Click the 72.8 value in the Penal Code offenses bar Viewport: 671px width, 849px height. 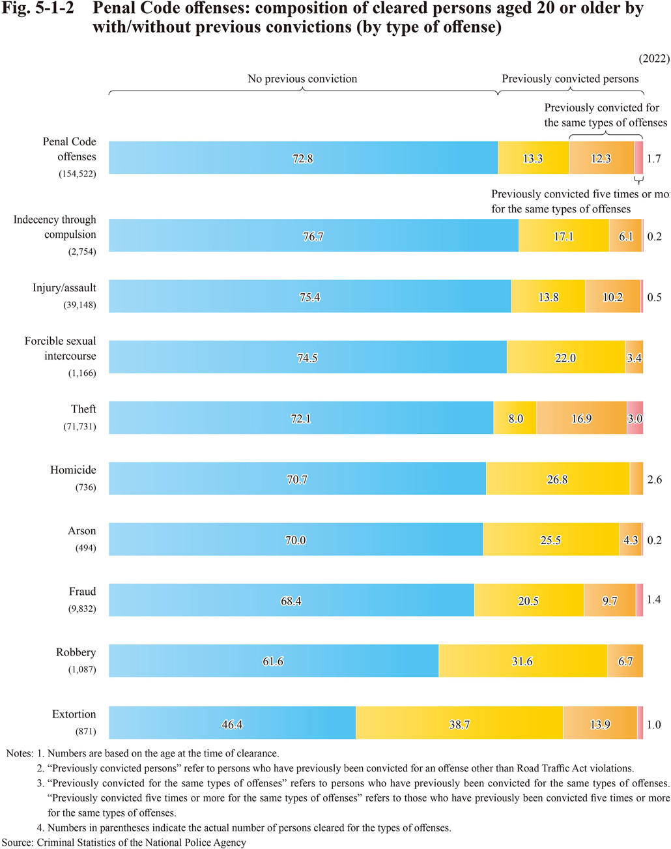(x=302, y=158)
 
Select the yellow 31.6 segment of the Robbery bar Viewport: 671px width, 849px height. (x=522, y=661)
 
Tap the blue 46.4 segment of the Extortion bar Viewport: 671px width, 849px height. (x=232, y=723)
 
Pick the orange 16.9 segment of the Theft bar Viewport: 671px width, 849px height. (x=581, y=418)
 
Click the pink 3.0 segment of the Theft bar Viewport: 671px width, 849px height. (x=635, y=418)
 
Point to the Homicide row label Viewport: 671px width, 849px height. (x=73, y=470)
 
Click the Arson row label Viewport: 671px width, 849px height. (x=81, y=531)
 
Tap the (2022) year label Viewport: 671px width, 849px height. (x=653, y=59)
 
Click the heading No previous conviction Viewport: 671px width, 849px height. (x=302, y=79)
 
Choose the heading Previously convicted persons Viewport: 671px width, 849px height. (x=570, y=79)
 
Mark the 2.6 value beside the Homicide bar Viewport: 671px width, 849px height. (x=654, y=480)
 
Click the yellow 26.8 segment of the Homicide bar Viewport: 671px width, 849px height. (x=557, y=479)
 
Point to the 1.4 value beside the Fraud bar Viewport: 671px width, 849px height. (x=653, y=599)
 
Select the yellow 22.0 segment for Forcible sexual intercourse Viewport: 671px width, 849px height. (x=565, y=358)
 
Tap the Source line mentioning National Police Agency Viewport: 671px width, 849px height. (x=124, y=842)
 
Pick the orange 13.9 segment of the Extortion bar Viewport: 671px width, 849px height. (x=600, y=723)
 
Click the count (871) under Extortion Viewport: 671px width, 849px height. (x=85, y=731)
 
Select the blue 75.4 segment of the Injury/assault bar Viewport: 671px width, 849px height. (x=309, y=297)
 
